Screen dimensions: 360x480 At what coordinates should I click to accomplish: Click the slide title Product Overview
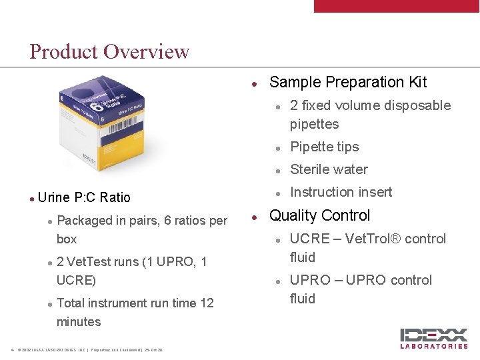[109, 51]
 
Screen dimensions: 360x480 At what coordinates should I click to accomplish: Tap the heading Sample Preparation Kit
[347, 82]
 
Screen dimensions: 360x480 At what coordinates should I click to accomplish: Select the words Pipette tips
[324, 147]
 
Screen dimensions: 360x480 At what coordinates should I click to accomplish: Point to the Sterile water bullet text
[329, 169]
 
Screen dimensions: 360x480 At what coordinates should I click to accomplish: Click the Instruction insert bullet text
[341, 192]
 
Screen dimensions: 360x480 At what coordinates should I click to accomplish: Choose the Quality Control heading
[319, 215]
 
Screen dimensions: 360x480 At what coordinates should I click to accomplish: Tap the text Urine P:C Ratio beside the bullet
[84, 197]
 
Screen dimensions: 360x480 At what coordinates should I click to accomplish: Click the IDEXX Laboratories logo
[433, 338]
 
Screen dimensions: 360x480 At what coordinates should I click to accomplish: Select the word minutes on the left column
[79, 321]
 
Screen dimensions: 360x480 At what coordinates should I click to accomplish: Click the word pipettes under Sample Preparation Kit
[314, 124]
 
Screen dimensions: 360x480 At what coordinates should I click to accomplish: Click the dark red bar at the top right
[396, 6]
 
